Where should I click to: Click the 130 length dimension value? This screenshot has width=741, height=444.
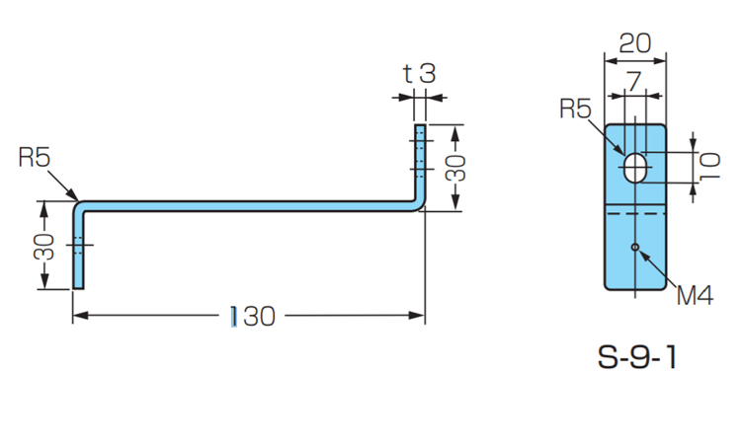point(252,316)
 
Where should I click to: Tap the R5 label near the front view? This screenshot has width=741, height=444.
point(576,108)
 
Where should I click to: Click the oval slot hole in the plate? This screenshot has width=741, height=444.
point(637,168)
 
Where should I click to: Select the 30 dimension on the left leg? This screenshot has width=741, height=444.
point(43,246)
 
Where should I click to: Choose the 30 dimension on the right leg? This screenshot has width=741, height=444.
point(455,167)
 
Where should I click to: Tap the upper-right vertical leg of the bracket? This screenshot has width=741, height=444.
point(420,163)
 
